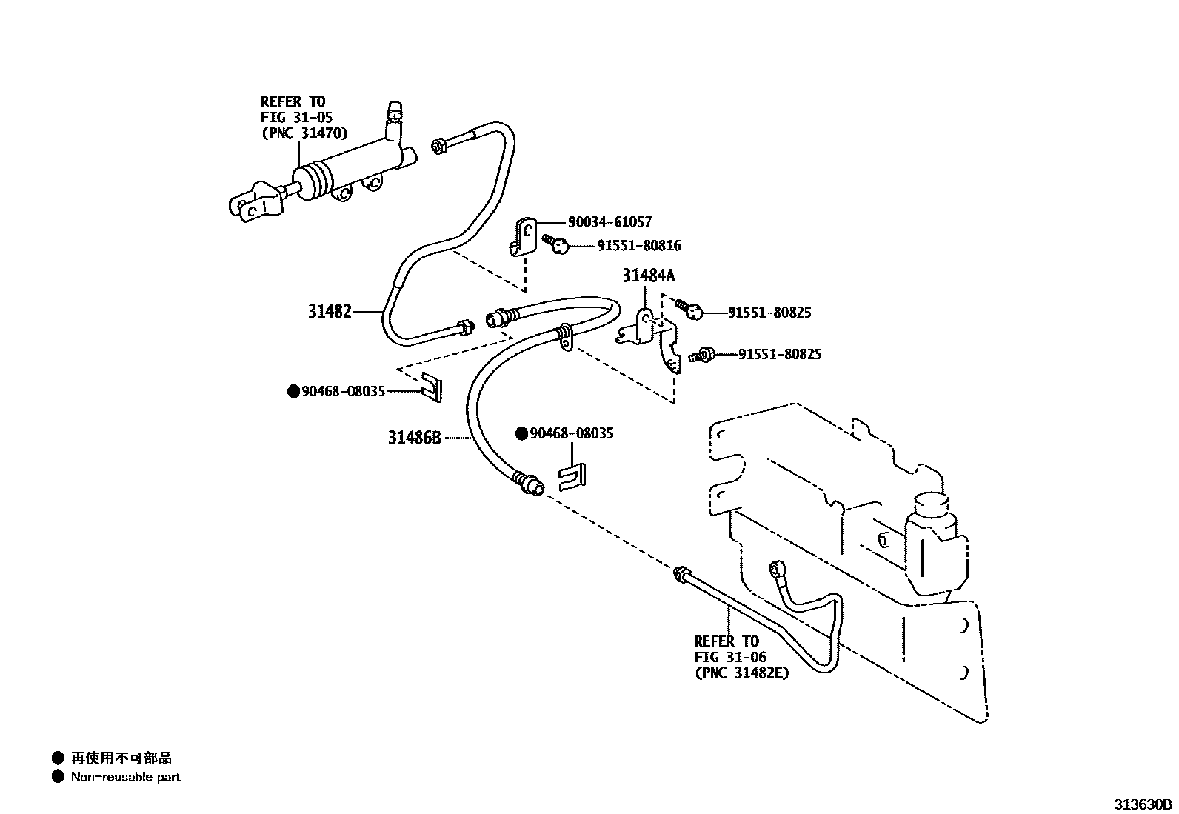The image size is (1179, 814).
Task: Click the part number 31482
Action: [330, 312]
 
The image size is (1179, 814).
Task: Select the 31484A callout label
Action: [649, 276]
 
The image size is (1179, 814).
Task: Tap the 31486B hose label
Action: [414, 438]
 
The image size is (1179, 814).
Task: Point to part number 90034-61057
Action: [609, 221]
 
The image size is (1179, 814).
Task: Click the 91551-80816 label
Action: [639, 245]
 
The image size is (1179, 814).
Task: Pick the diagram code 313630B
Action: [1145, 804]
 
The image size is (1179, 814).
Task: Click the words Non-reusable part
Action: [126, 777]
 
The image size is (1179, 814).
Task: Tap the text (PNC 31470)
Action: [304, 133]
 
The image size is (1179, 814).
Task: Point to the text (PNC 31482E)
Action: [741, 673]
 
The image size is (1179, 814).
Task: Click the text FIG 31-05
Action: [296, 117]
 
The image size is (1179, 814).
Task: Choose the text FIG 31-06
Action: [730, 657]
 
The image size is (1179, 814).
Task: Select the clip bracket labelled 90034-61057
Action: [523, 236]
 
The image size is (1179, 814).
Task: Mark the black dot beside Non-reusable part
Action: [59, 777]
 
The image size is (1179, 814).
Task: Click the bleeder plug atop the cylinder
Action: [395, 112]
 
